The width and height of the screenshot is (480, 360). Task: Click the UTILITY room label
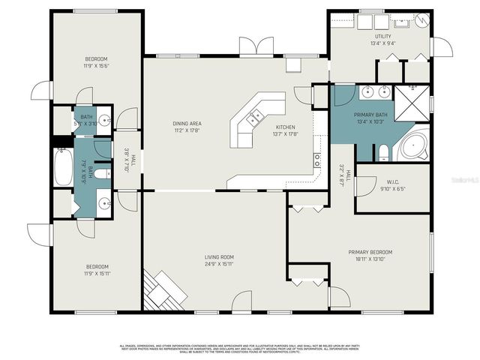[383, 35]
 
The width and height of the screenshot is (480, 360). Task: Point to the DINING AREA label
[187, 124]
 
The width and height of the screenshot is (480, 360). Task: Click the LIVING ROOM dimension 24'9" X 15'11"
[218, 264]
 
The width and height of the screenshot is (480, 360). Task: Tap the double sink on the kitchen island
[255, 116]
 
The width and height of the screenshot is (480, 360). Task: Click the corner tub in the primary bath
[413, 145]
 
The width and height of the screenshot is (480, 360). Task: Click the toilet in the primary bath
[383, 154]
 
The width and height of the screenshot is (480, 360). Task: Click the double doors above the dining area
[256, 46]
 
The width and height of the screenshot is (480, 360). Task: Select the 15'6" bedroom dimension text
[97, 67]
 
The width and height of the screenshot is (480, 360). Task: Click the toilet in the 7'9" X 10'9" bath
[106, 172]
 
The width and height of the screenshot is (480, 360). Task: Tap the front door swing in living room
[241, 301]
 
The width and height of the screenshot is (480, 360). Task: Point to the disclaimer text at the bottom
[240, 349]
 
